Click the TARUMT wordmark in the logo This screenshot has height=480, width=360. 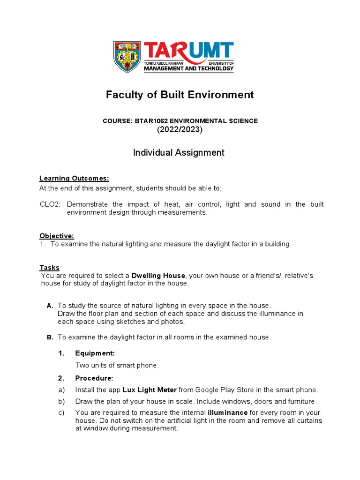(x=188, y=52)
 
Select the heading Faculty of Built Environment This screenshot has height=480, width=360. (x=180, y=95)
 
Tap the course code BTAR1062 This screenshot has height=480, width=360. (x=150, y=121)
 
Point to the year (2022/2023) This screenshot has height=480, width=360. (x=180, y=130)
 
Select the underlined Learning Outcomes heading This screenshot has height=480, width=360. (x=74, y=178)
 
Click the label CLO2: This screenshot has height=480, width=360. (x=51, y=204)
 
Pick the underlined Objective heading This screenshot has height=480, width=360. (x=57, y=236)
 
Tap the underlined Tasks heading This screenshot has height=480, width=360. (x=49, y=267)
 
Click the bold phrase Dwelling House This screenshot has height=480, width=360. (x=158, y=275)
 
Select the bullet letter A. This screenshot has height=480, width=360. (x=50, y=306)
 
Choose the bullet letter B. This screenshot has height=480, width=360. (x=50, y=337)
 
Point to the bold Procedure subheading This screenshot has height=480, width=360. (x=94, y=378)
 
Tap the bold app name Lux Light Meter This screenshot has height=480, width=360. (x=150, y=390)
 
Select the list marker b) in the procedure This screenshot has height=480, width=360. (x=61, y=401)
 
